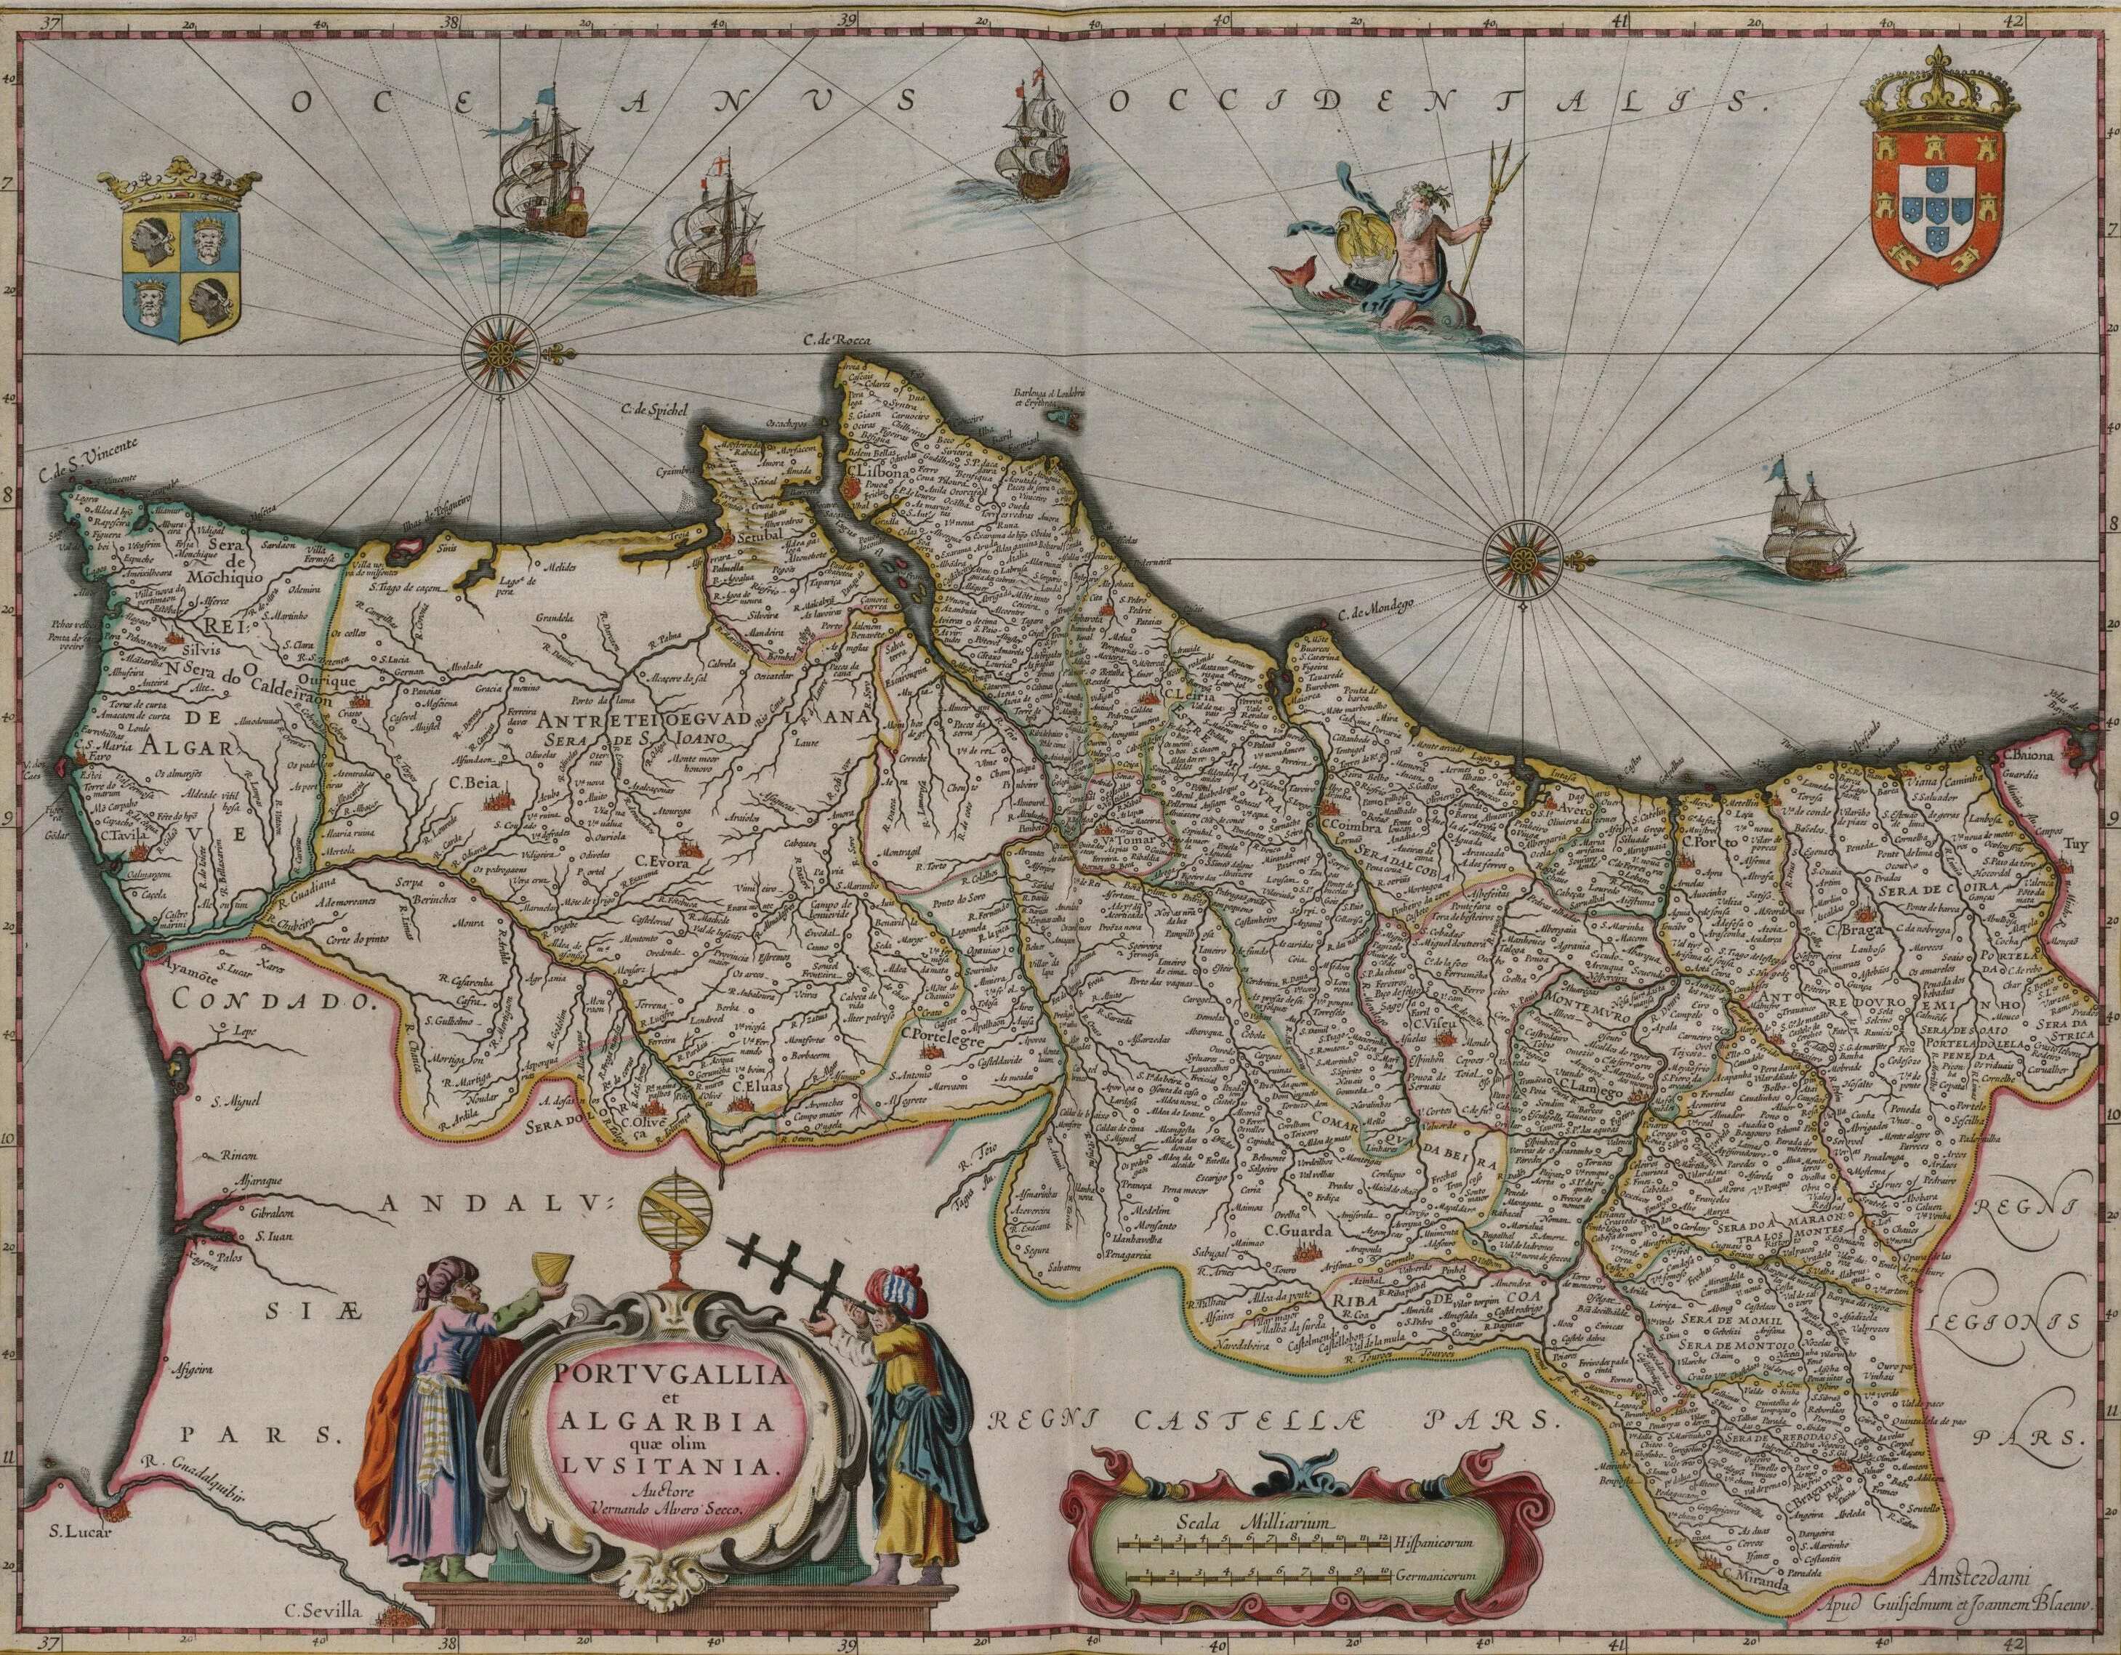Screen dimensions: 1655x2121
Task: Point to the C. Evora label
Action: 662,861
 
